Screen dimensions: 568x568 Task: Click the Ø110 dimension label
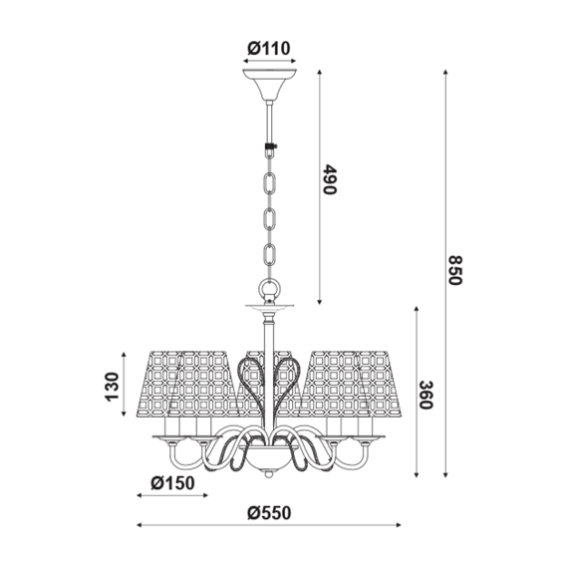click(269, 48)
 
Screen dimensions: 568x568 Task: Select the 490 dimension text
click(330, 179)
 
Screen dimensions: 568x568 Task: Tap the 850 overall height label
click(455, 271)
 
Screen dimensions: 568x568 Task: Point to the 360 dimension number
click(426, 395)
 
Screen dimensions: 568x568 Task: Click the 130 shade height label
click(113, 387)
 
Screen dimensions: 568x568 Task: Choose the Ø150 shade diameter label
click(172, 483)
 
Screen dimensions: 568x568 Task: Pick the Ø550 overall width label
click(269, 513)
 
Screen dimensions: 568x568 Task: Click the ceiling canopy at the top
click(269, 84)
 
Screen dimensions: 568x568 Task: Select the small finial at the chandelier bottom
click(268, 473)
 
